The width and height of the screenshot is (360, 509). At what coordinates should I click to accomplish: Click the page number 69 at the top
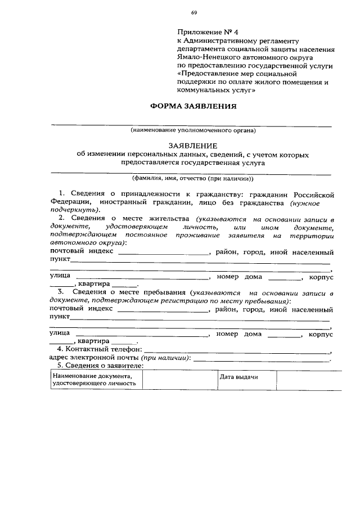tap(193, 12)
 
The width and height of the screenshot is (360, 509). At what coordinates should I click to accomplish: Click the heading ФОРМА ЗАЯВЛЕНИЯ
tap(192, 106)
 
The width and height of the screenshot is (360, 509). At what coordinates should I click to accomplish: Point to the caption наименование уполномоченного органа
tap(193, 130)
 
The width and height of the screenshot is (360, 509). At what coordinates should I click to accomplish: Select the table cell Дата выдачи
tap(238, 377)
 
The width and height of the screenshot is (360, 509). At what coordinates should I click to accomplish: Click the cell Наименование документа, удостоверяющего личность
tap(96, 380)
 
